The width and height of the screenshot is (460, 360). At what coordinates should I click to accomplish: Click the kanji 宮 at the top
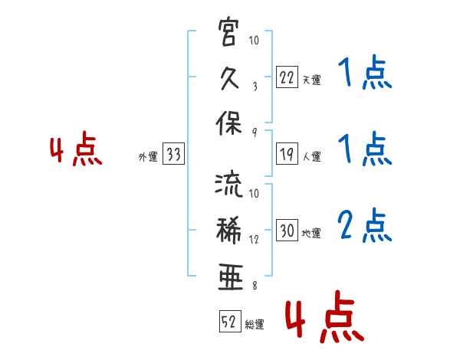coord(228,32)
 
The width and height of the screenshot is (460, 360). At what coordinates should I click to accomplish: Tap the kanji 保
coord(228,123)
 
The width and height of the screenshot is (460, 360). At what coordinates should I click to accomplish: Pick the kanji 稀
coord(228,230)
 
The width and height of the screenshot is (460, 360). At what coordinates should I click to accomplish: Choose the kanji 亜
coord(230,277)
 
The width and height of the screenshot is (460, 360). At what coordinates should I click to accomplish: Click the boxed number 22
coord(287,77)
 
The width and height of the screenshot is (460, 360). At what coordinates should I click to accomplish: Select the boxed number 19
coord(287,154)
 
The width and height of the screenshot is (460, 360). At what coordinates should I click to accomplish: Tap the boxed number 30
coord(287,230)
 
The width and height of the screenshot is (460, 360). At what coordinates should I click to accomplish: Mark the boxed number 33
coord(173,154)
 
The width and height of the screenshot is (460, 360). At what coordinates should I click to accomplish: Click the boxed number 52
coord(230,321)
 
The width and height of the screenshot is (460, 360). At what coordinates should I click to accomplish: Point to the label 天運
coord(312,80)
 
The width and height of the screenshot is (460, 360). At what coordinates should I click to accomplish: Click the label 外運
coord(148,157)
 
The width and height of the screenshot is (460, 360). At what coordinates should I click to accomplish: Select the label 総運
coord(255,325)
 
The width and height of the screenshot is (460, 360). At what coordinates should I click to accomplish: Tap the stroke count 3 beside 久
coord(255,87)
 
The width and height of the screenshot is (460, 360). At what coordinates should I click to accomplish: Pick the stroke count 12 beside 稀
coord(254,240)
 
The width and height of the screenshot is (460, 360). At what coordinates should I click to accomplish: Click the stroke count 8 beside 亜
coord(255,286)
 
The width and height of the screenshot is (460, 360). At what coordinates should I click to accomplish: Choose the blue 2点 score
coord(365,225)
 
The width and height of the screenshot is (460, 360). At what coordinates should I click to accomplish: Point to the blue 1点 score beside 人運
coord(365,149)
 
